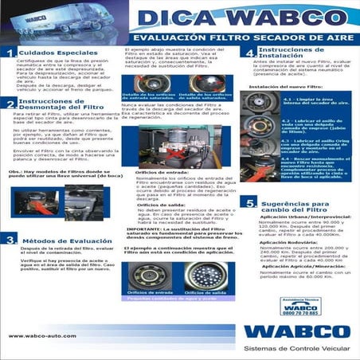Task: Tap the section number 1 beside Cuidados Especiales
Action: pos(10,54)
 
